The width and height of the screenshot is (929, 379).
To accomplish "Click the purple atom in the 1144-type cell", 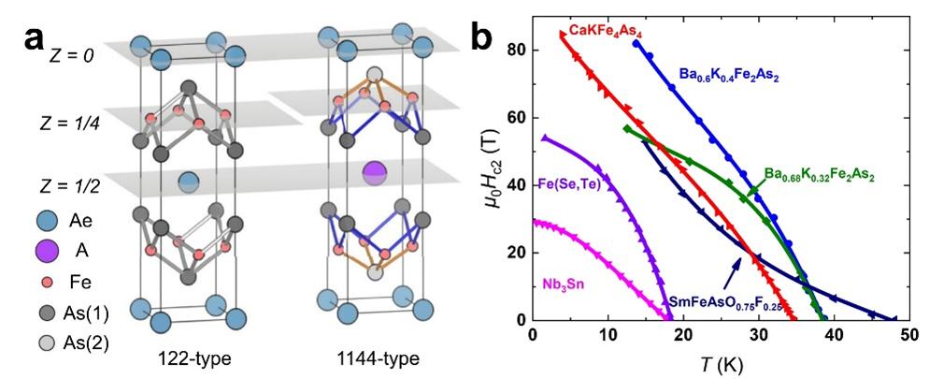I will point(374,172).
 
